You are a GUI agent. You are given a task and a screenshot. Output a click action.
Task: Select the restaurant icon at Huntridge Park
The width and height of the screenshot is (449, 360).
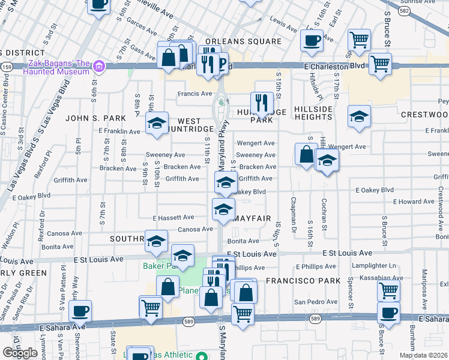pyautogui.click(x=261, y=103)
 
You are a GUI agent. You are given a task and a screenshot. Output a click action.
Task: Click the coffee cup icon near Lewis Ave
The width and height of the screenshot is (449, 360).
pyautogui.click(x=312, y=41)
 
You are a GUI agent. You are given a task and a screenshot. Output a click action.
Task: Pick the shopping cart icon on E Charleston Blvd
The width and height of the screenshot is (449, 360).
pyautogui.click(x=379, y=64)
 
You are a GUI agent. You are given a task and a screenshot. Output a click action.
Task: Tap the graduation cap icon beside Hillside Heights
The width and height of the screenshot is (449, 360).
pyautogui.click(x=359, y=116)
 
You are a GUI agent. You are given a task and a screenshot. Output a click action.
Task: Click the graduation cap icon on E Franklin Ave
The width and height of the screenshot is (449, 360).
pyautogui.click(x=157, y=124)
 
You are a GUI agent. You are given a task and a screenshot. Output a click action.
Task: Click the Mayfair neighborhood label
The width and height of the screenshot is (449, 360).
pyautogui.click(x=253, y=218)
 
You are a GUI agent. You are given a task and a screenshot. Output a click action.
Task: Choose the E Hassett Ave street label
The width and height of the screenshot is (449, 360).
pyautogui.click(x=173, y=217)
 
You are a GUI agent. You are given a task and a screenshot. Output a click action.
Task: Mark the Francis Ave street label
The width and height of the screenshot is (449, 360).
pyautogui.click(x=194, y=94)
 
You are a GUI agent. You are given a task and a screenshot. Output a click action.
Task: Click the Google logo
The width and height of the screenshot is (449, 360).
pyautogui.click(x=20, y=353)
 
